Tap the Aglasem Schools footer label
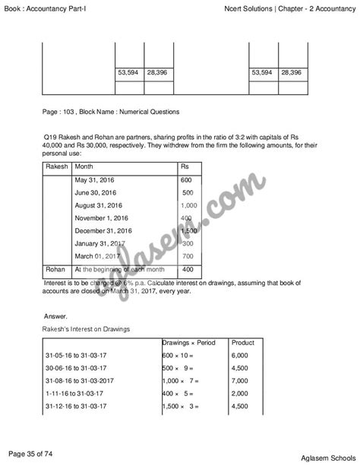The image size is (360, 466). pyautogui.click(x=314, y=455)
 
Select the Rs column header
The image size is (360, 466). pyautogui.click(x=185, y=166)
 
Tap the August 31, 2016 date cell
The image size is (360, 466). pyautogui.click(x=99, y=205)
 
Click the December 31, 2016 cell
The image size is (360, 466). pyautogui.click(x=103, y=230)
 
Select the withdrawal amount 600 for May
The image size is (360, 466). pyautogui.click(x=187, y=179)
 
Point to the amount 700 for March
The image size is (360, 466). pyautogui.click(x=188, y=256)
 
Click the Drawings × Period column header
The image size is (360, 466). pyautogui.click(x=189, y=343)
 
